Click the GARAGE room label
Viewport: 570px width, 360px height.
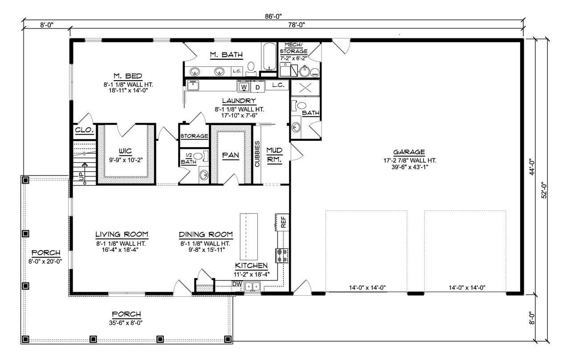pyautogui.click(x=409, y=151)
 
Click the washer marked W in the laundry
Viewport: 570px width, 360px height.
pyautogui.click(x=244, y=86)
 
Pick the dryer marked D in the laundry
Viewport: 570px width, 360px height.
pyautogui.click(x=257, y=86)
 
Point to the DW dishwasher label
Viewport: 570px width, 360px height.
pyautogui.click(x=236, y=284)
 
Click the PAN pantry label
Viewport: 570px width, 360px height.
pyautogui.click(x=231, y=155)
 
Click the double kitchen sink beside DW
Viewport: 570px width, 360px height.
pyautogui.click(x=252, y=287)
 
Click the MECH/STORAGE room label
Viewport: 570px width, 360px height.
pyautogui.click(x=293, y=48)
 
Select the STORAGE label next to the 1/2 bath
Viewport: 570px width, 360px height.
pyautogui.click(x=194, y=136)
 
